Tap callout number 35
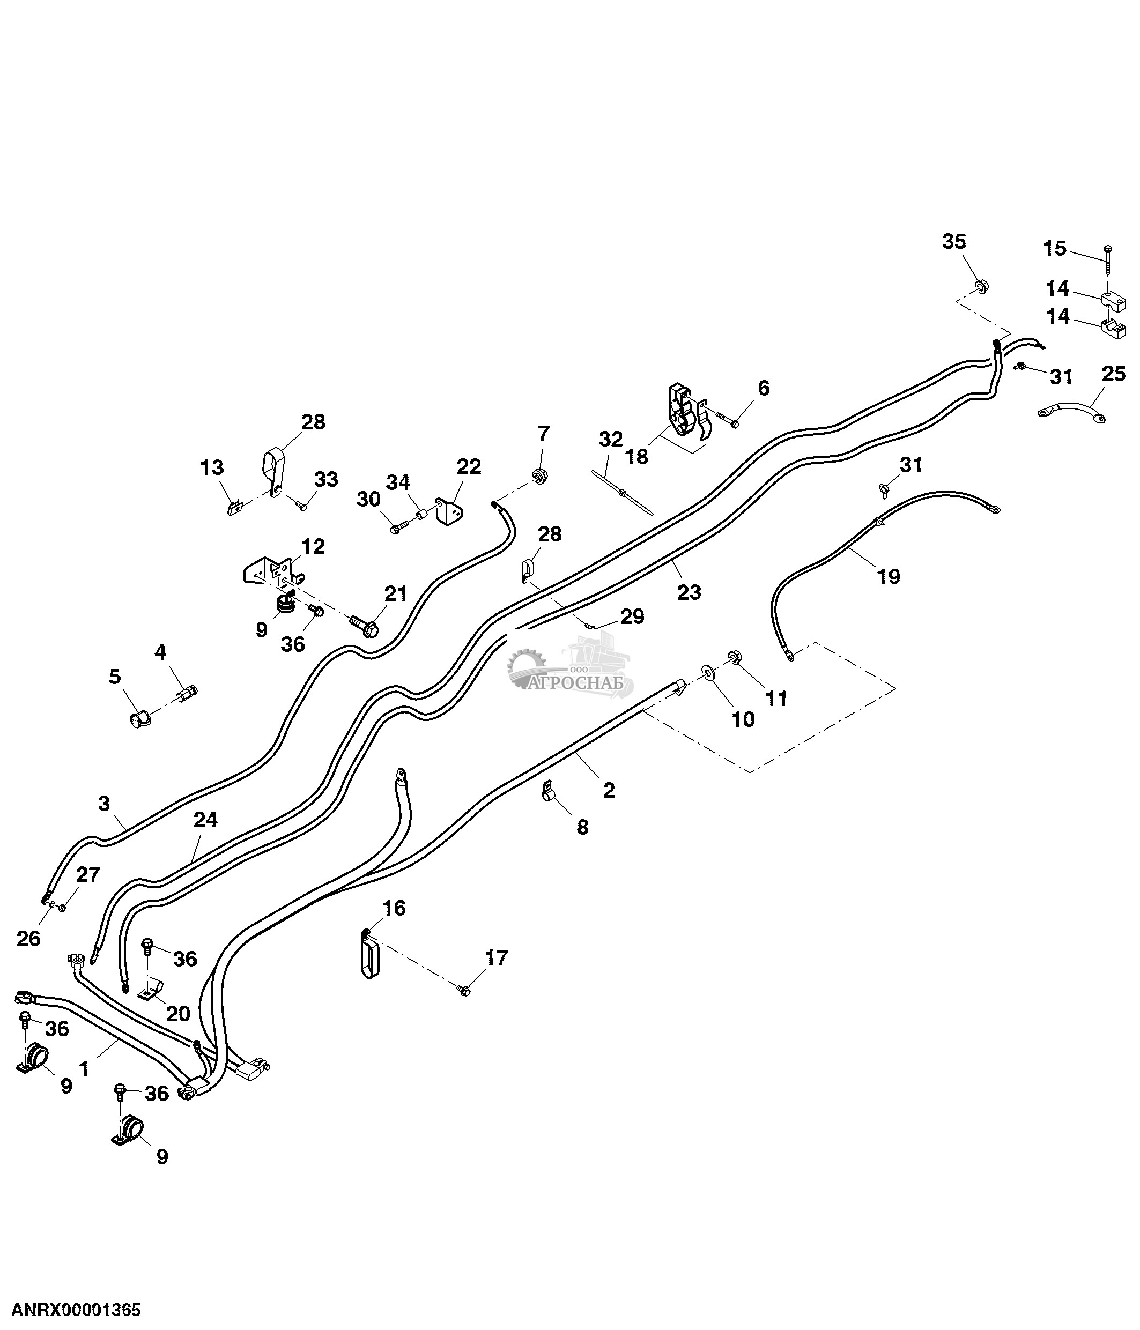[954, 241]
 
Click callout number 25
[1114, 374]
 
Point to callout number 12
[313, 547]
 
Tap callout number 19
[889, 576]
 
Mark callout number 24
[205, 820]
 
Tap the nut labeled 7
[541, 476]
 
